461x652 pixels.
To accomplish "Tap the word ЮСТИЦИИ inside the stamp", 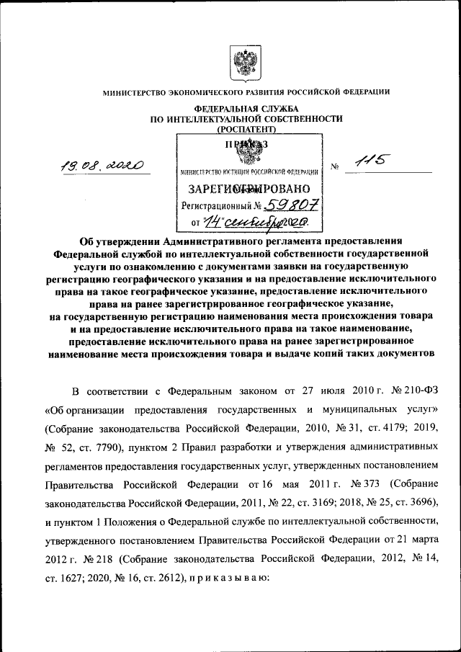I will point(232,173).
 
